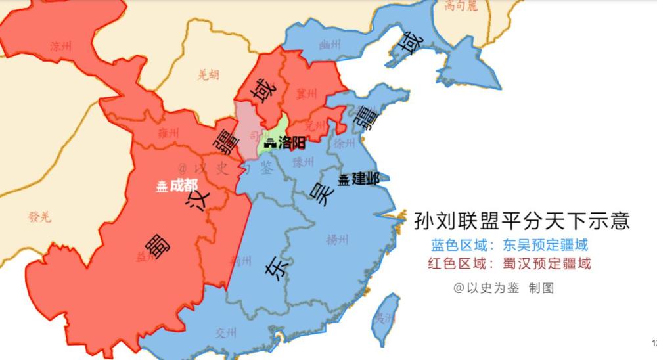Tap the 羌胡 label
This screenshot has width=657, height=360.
(x=208, y=75)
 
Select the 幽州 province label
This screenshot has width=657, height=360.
(x=329, y=45)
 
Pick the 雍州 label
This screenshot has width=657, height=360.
(x=168, y=133)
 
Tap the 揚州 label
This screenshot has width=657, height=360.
(x=336, y=239)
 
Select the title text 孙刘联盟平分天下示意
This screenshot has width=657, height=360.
(x=522, y=220)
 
